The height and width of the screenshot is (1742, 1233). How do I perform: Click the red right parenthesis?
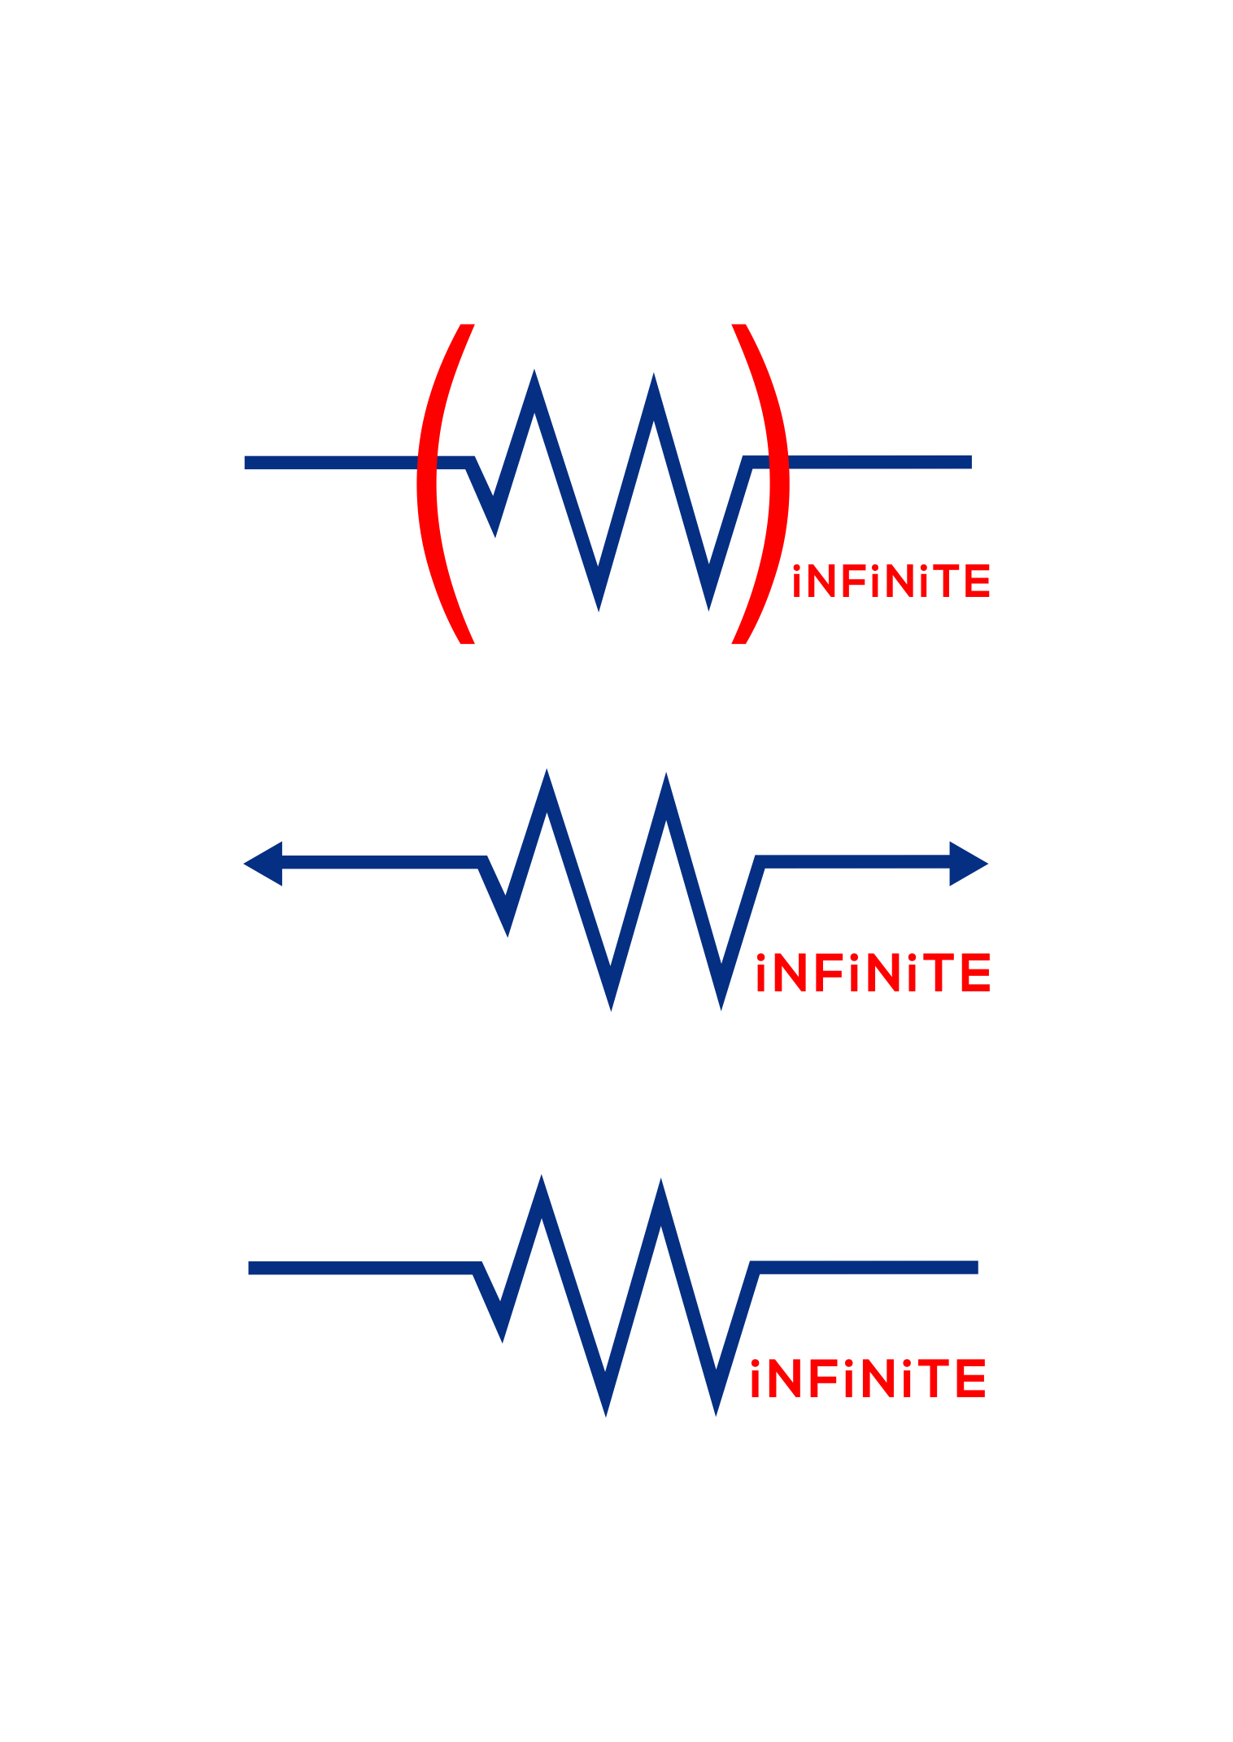(x=778, y=484)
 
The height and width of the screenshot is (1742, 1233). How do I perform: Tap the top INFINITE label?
(x=891, y=581)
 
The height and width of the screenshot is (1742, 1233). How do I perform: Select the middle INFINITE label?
(x=873, y=973)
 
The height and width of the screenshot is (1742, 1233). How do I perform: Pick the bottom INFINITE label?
(x=868, y=1378)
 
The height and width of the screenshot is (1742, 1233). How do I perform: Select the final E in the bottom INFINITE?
(x=972, y=1378)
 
